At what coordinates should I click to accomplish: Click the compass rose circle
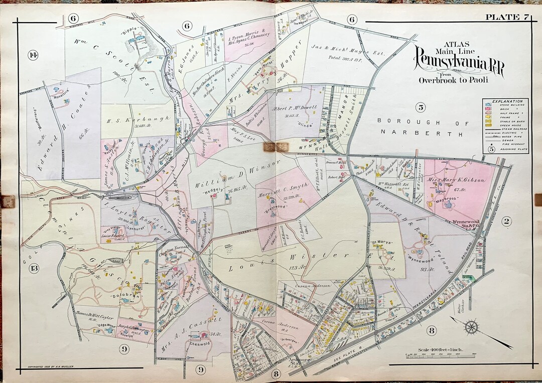tap(472, 328)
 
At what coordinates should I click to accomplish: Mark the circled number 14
tap(33, 55)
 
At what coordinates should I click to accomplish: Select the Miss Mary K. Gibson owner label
tap(451, 179)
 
